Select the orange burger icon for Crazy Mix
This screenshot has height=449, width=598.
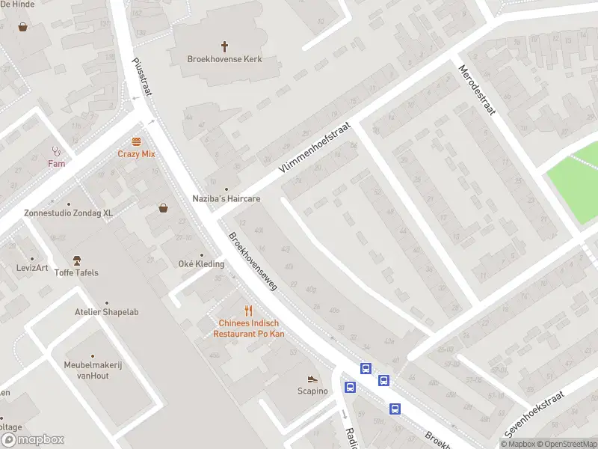(136, 141)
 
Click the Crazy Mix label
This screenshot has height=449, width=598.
(136, 153)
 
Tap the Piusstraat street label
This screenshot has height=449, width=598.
(141, 78)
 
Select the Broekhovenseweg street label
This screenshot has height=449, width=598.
(253, 261)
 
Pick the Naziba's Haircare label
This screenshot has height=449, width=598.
(225, 199)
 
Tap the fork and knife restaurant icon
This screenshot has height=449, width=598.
(249, 310)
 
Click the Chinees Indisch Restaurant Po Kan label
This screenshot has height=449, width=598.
(249, 328)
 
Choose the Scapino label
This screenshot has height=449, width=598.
(312, 391)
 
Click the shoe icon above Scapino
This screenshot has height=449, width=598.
(312, 379)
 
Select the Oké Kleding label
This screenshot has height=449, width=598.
(201, 263)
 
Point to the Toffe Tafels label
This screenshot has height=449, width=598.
(76, 272)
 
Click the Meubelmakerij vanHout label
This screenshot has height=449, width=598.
(93, 370)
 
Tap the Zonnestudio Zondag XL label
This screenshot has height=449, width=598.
(68, 213)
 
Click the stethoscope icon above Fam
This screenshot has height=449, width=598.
(56, 150)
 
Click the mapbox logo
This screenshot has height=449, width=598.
(33, 440)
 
